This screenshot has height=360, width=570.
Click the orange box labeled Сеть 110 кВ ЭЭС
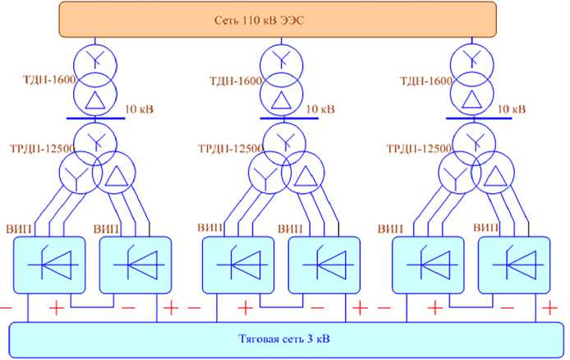point(278,18)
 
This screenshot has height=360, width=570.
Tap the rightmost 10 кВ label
point(510,108)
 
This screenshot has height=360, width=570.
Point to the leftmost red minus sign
point(6,308)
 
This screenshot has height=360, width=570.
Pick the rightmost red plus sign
point(548,308)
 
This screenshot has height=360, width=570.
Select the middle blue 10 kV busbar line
point(283,117)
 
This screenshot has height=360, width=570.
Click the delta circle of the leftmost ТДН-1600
point(95,97)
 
